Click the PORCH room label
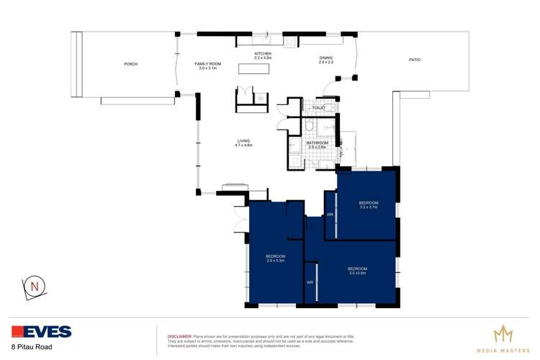coord(130,64)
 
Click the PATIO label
coord(414,60)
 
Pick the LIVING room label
coord(243,143)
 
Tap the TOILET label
coord(319,108)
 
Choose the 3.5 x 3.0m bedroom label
coord(358,271)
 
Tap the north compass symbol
coord(34,287)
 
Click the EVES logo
coord(41,332)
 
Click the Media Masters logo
coord(504,338)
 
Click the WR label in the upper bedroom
coord(330,215)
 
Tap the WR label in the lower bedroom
coord(310,282)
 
